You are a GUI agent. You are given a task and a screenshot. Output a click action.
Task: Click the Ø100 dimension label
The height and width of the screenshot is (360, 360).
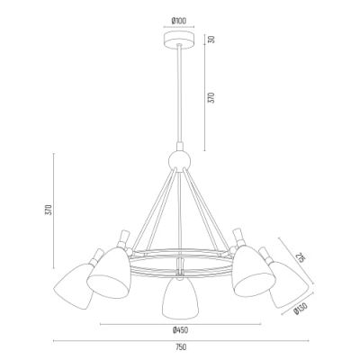coord(179,20)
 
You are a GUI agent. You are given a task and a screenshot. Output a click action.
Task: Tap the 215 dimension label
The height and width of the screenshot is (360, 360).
coord(301,258)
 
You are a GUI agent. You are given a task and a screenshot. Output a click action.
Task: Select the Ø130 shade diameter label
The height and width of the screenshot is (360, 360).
coord(300,310)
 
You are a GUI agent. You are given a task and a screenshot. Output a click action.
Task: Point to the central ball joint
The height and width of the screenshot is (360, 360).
coord(180,163)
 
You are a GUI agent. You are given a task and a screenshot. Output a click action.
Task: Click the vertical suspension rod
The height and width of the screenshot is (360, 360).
coord(180,99)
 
